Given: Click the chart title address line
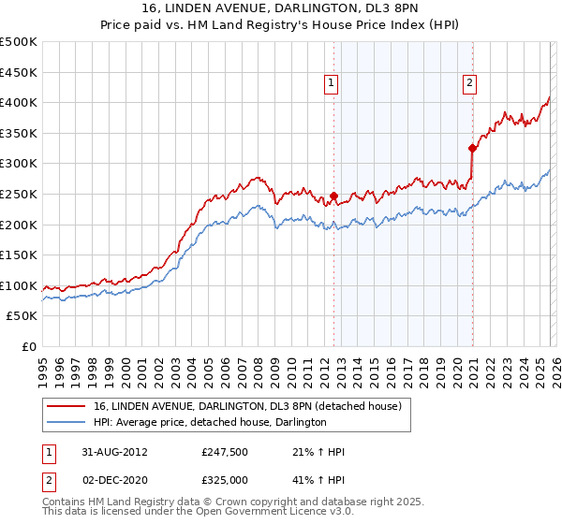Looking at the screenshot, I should [x=281, y=8].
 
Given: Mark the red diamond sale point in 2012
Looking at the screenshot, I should [x=333, y=196].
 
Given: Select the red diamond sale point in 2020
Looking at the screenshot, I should [x=472, y=147].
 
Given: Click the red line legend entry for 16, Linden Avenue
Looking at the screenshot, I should [x=247, y=406].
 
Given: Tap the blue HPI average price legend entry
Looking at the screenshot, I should [x=210, y=422].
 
